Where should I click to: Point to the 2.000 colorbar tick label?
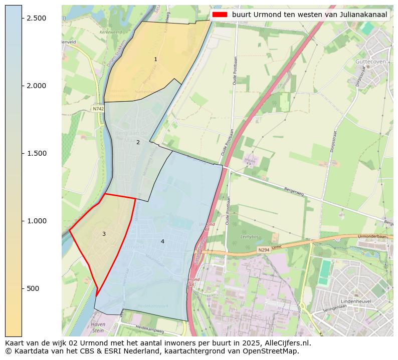[36, 86]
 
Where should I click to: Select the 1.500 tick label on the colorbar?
[36, 153]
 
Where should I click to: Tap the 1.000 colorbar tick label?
[36, 221]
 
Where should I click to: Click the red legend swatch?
[220, 15]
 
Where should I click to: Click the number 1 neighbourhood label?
[155, 59]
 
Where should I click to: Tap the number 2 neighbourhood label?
[138, 142]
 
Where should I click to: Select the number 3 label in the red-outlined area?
[104, 234]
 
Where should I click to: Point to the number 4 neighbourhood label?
[162, 241]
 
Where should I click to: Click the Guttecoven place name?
[370, 62]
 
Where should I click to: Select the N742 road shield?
[98, 108]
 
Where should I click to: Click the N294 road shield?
[264, 249]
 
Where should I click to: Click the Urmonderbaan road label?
[373, 236]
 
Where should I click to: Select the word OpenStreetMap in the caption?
[273, 351]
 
